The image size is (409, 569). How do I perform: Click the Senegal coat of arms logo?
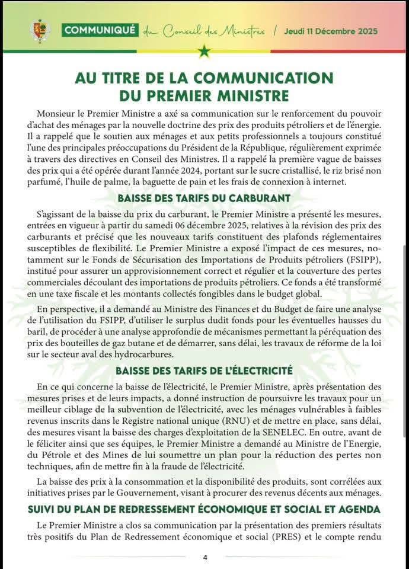[x=40, y=31]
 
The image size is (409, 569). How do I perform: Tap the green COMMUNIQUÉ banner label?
[x=100, y=30]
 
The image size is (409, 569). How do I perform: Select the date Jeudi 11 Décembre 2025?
[x=330, y=31]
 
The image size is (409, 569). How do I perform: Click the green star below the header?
[x=204, y=52]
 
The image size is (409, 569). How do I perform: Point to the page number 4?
[x=204, y=558]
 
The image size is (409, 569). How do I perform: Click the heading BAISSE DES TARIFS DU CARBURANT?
[x=204, y=198]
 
